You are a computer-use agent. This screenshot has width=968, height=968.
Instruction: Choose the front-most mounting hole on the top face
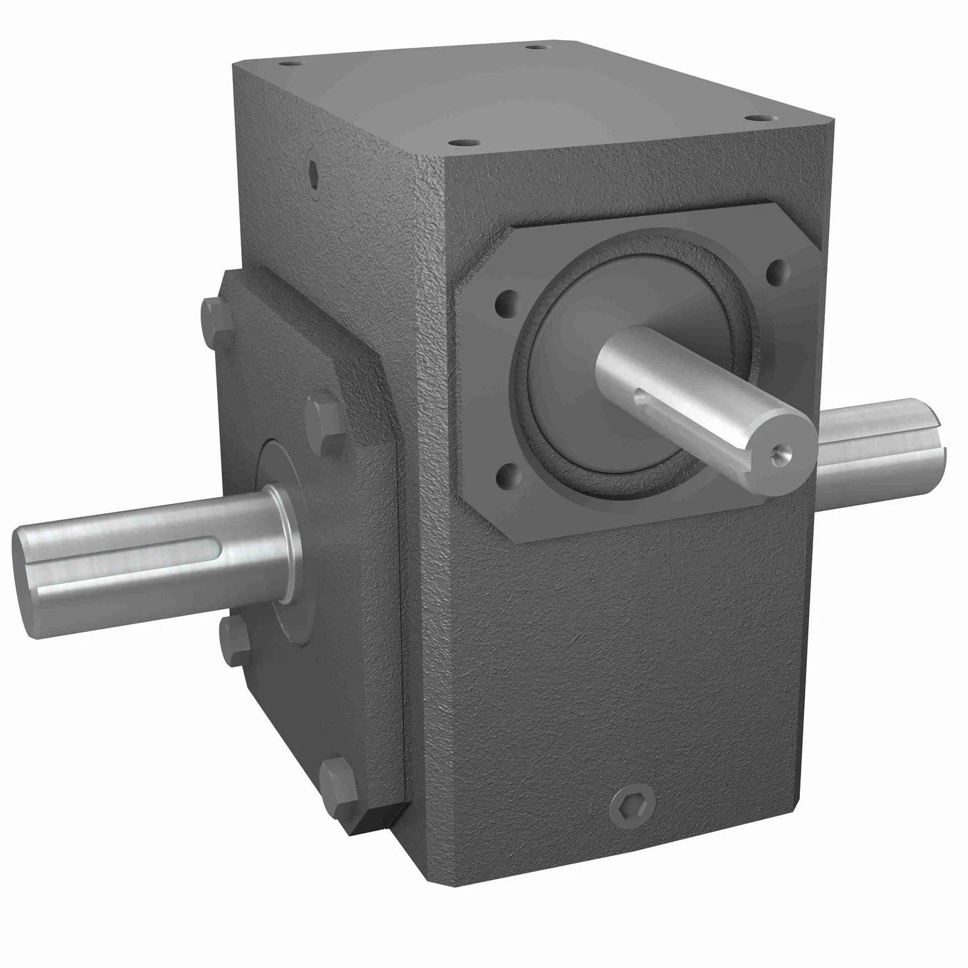[x=456, y=143]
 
